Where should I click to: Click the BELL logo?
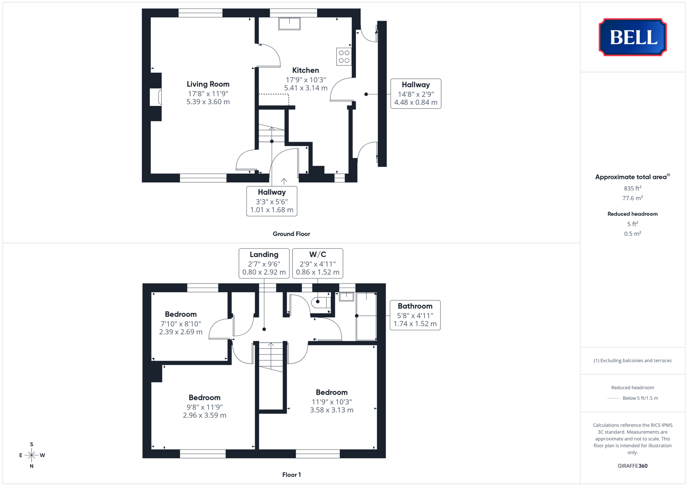point(633,37)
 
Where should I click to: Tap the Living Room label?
point(208,84)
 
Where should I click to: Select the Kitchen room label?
point(305,70)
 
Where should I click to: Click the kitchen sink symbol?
point(289,23)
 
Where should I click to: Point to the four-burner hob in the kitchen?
point(344,57)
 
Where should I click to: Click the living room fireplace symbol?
point(155,97)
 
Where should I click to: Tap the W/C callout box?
point(318,263)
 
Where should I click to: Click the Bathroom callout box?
point(415,315)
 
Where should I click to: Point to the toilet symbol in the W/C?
point(321,302)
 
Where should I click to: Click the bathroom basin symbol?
point(346,297)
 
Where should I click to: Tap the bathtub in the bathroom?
point(366,316)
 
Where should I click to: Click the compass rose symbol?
point(32,455)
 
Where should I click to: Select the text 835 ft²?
point(633,188)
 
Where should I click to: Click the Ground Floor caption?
point(291,234)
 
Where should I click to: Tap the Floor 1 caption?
point(292,475)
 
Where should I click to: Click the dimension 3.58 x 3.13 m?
point(332,410)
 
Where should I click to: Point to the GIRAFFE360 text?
point(633,466)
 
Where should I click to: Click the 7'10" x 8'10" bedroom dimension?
point(181,324)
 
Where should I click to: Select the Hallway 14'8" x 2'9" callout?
point(415,94)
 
